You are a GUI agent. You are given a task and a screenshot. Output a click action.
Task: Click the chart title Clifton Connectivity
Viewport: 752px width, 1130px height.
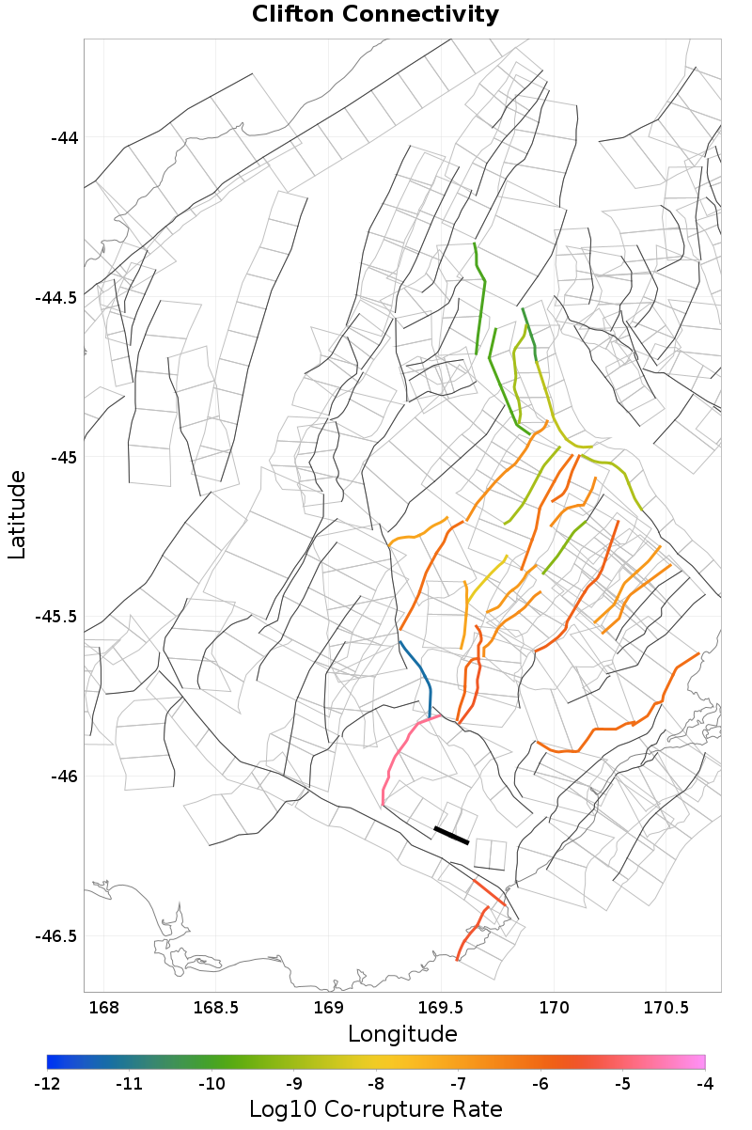click(376, 15)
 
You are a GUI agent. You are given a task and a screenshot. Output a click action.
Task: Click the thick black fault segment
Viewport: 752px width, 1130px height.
click(451, 836)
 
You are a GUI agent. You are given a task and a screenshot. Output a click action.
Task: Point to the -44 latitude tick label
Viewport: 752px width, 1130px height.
click(63, 138)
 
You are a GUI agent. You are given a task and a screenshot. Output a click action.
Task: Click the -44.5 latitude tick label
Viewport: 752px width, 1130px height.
click(56, 298)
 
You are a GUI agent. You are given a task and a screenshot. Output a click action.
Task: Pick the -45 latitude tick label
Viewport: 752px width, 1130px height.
click(63, 458)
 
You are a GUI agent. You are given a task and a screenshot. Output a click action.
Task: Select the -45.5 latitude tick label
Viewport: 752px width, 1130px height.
click(56, 617)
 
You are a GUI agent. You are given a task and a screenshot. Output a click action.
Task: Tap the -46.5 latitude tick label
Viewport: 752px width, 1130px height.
click(56, 936)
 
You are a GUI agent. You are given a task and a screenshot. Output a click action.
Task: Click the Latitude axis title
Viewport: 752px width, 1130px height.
click(17, 515)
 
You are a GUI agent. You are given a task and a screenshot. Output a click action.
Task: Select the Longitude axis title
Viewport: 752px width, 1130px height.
click(402, 1034)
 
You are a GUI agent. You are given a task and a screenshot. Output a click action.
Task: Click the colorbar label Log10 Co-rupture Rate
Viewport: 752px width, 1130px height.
click(375, 1108)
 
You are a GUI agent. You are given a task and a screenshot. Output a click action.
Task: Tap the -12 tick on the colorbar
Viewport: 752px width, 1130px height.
click(47, 1084)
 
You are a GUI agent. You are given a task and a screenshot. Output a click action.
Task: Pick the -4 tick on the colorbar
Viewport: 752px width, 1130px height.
click(705, 1084)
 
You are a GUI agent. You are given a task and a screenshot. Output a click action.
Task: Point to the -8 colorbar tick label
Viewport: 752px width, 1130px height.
click(376, 1084)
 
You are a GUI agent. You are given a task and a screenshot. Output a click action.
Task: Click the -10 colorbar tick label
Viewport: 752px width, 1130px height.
click(211, 1084)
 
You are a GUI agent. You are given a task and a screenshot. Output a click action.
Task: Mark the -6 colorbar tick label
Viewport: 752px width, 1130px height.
click(540, 1084)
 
